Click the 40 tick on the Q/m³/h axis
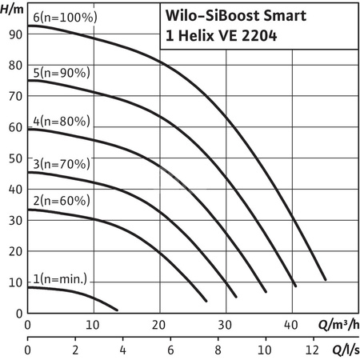tap(290, 325)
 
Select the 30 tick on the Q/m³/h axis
tap(225, 325)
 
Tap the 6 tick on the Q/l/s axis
tap(170, 350)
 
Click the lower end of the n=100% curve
tap(326, 279)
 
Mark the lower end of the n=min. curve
tap(117, 310)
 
